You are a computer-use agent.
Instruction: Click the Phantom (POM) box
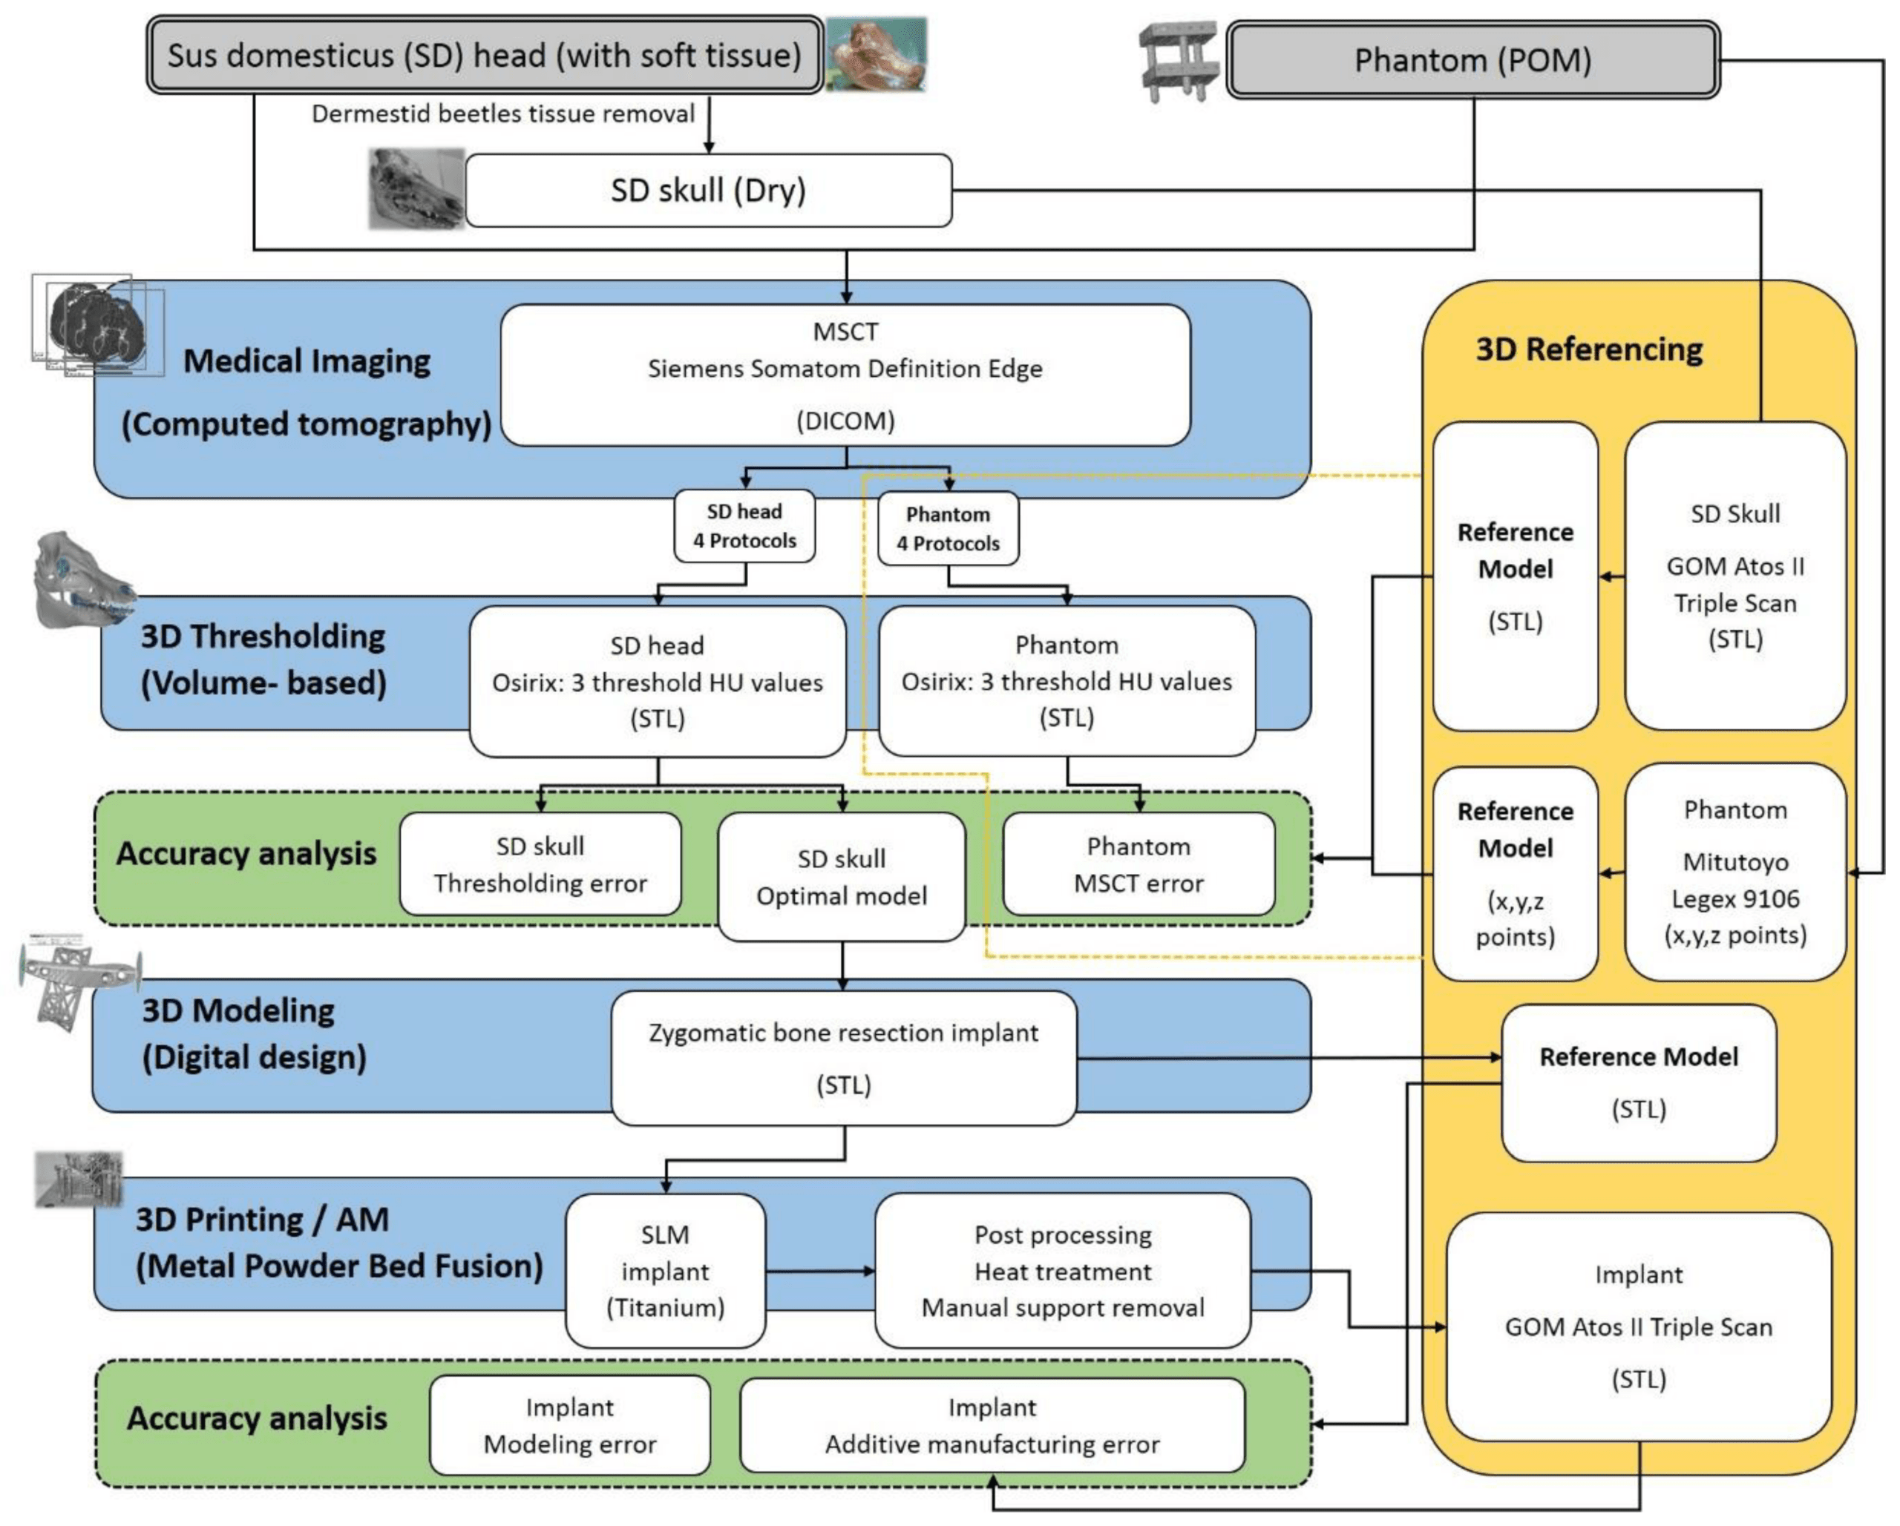tap(1472, 60)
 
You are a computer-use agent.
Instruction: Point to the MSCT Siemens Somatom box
tap(845, 375)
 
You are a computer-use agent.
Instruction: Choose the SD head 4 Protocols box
tap(744, 526)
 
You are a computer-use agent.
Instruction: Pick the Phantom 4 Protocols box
tap(949, 527)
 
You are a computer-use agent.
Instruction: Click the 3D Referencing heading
tap(1589, 349)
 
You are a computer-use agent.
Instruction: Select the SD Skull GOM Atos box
tap(1734, 576)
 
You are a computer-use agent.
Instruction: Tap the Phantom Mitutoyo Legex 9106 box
tap(1734, 872)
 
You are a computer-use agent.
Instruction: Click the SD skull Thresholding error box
tap(540, 864)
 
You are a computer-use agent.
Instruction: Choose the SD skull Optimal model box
tap(842, 877)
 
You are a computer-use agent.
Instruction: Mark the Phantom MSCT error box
tap(1138, 864)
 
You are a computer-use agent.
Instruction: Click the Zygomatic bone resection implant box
tap(843, 1057)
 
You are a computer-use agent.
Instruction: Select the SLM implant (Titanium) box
tap(665, 1271)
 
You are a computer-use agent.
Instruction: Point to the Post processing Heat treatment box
tap(1062, 1271)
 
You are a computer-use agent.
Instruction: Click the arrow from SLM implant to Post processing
tap(819, 1272)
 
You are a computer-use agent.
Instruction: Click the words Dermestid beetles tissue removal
tap(502, 114)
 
